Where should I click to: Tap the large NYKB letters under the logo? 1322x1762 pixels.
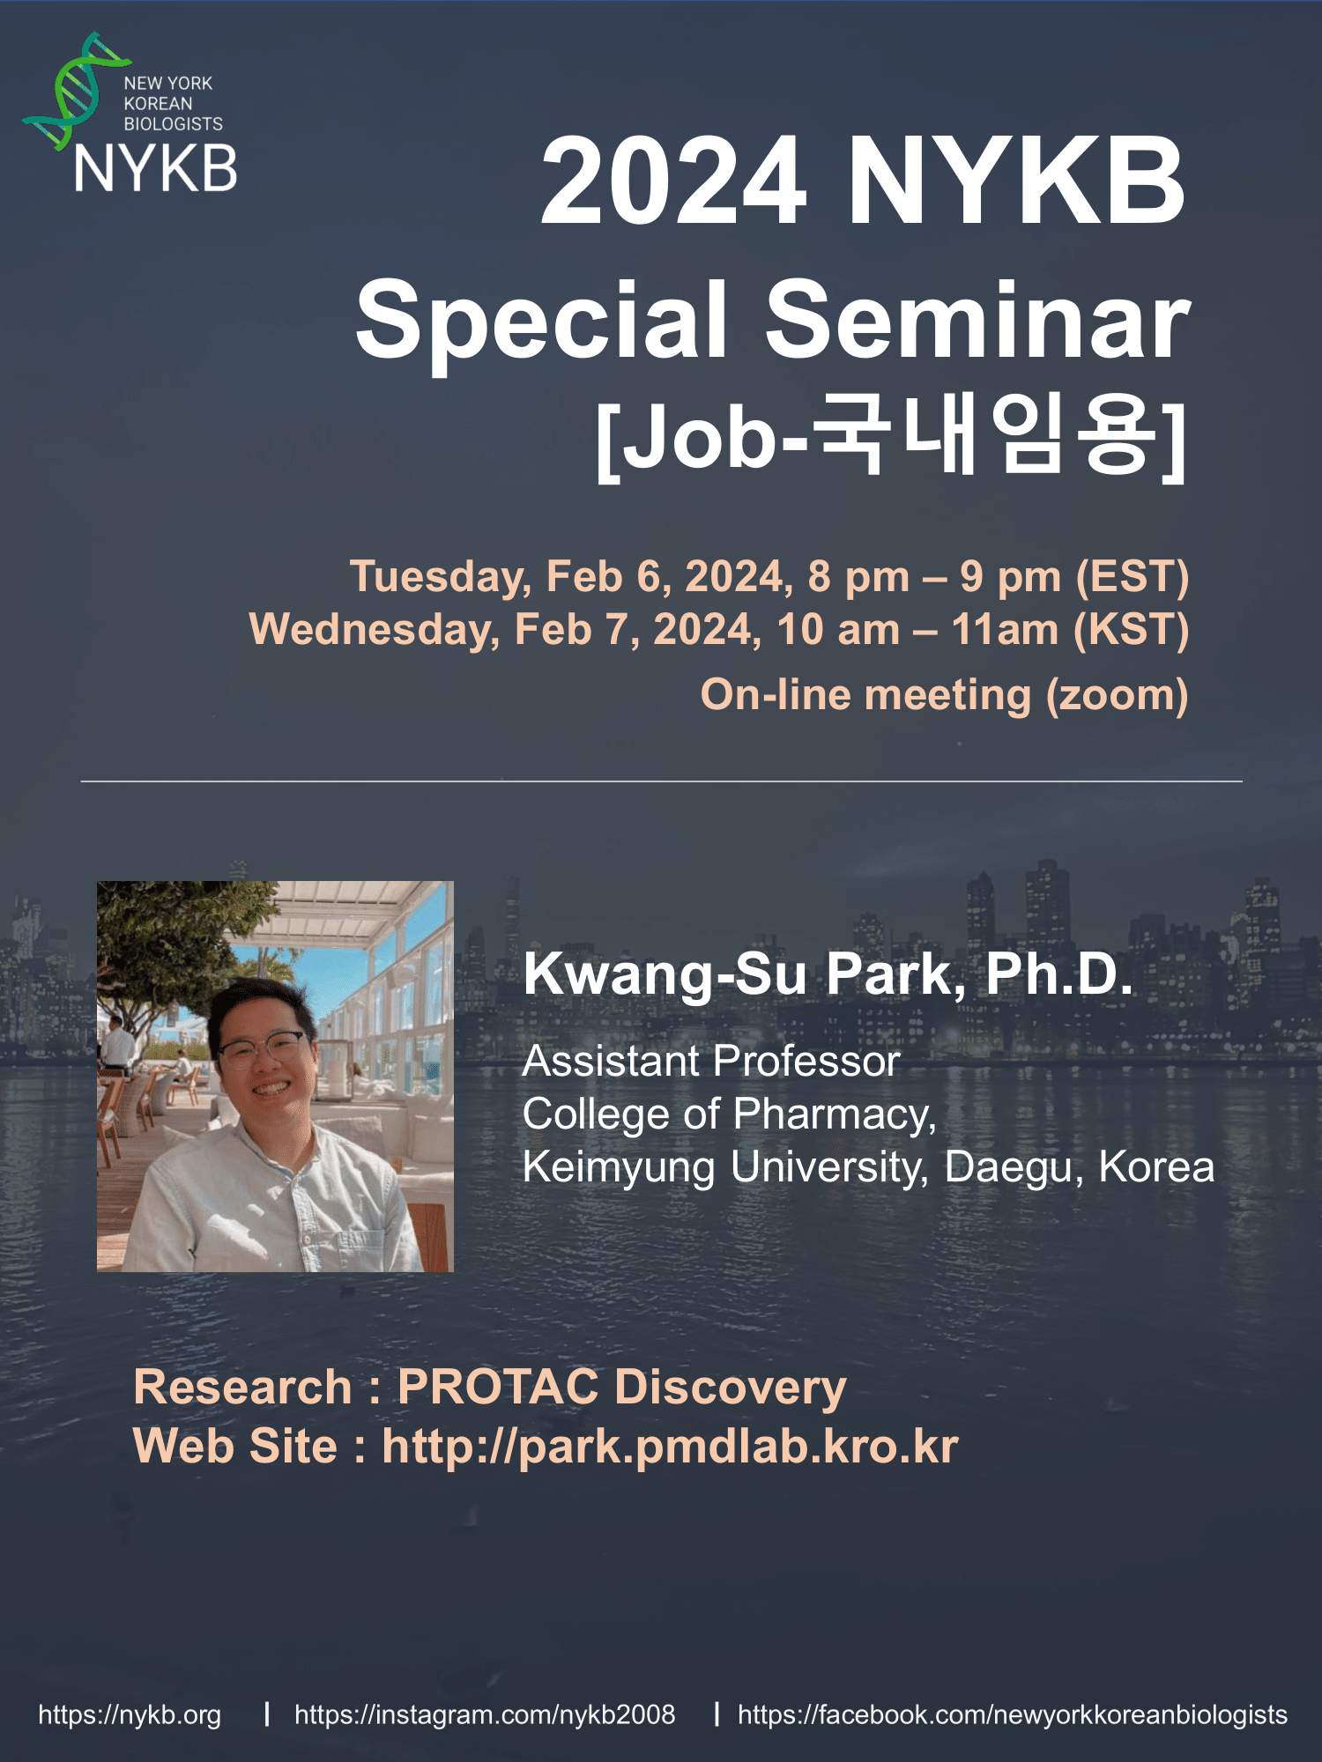pyautogui.click(x=156, y=168)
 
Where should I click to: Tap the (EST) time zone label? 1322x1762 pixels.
pyautogui.click(x=1133, y=578)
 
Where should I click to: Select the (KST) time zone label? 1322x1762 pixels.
pyautogui.click(x=1131, y=631)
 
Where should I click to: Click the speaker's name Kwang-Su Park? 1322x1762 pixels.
pyautogui.click(x=744, y=975)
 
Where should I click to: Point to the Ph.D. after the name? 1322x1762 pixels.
pyautogui.click(x=1059, y=974)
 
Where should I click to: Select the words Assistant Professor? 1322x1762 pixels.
pyautogui.click(x=711, y=1062)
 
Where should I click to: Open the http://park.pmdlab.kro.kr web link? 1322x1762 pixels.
pyautogui.click(x=670, y=1447)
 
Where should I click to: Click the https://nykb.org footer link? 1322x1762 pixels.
pyautogui.click(x=130, y=1715)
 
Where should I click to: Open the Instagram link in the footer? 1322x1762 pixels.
pyautogui.click(x=485, y=1715)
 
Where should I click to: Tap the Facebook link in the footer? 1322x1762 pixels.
pyautogui.click(x=1013, y=1715)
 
